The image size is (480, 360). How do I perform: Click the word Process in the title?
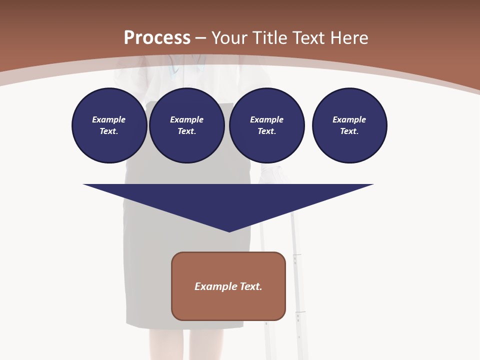tap(157, 38)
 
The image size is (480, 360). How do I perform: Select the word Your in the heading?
tap(229, 38)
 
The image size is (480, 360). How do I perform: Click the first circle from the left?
tap(109, 125)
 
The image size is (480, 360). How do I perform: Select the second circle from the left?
tap(186, 125)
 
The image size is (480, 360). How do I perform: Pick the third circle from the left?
tap(266, 125)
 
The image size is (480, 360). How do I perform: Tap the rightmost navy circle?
tap(349, 125)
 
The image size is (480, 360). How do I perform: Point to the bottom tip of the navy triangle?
tap(229, 231)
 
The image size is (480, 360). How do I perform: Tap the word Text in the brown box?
tap(251, 286)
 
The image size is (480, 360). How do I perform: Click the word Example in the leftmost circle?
tap(109, 119)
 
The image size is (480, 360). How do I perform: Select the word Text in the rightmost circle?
tap(349, 131)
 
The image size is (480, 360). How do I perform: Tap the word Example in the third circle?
tap(266, 119)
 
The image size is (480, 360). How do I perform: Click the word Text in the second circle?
tap(186, 131)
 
